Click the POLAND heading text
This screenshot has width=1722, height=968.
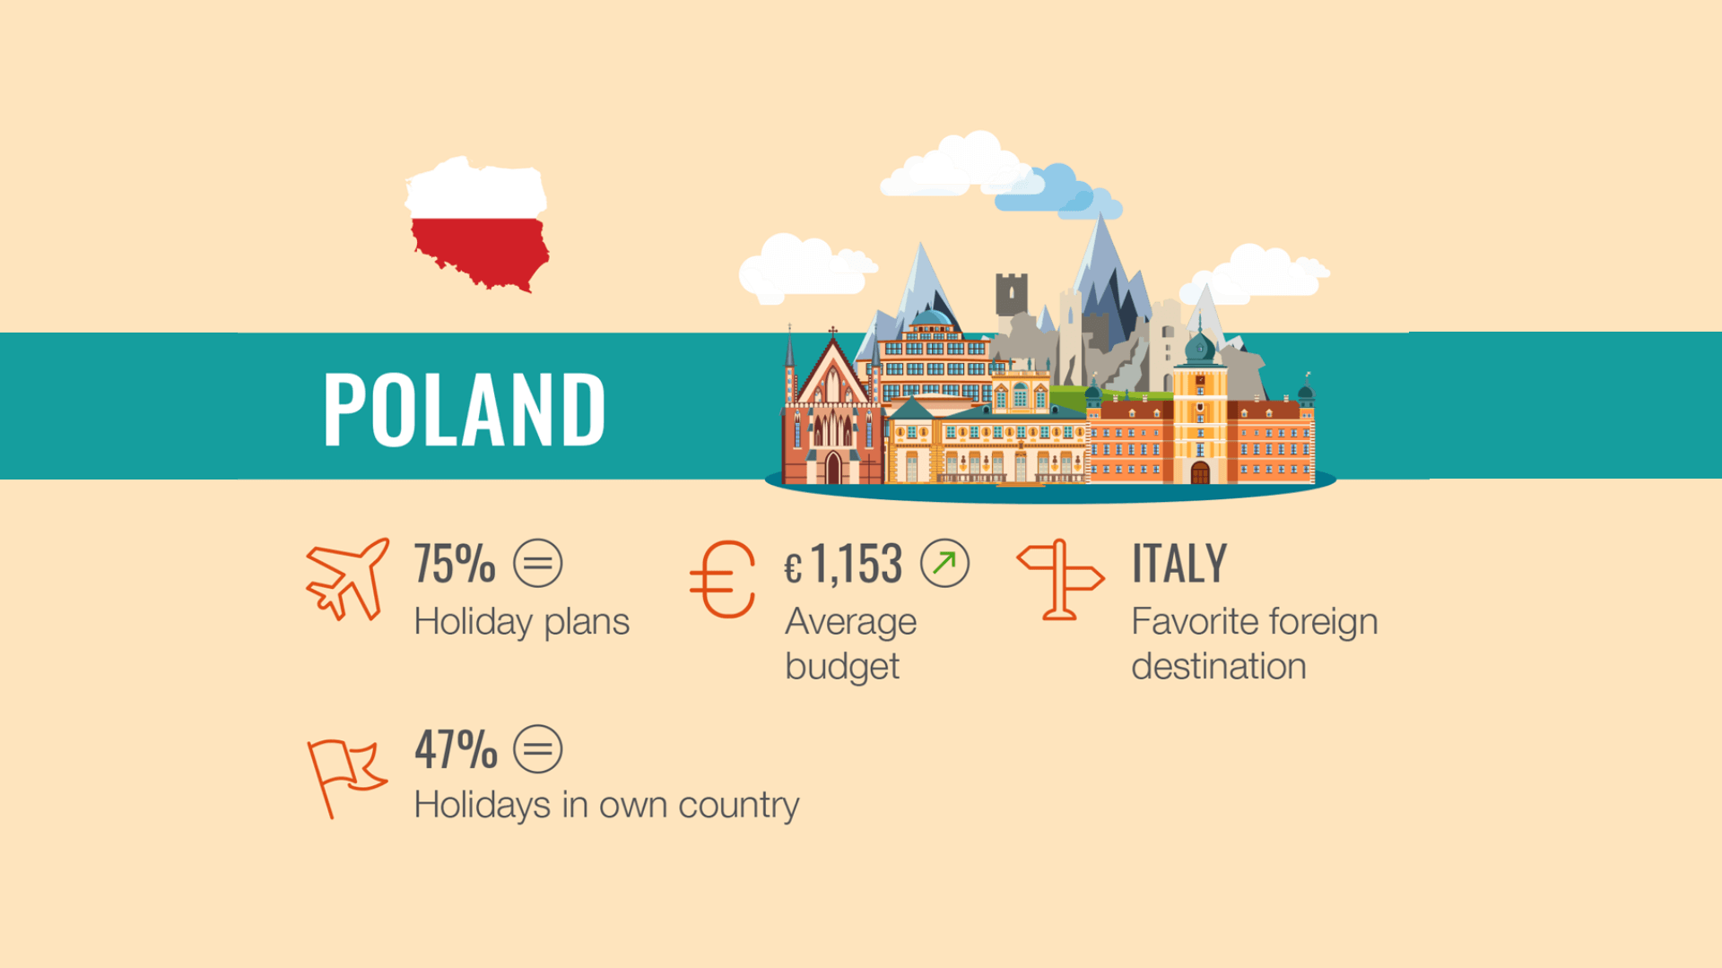pos(465,410)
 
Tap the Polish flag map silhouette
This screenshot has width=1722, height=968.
pos(478,224)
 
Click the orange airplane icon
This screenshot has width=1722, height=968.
pos(346,579)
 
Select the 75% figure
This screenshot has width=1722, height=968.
pos(455,564)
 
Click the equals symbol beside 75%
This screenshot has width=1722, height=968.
pos(538,564)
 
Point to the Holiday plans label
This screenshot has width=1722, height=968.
pos(521,622)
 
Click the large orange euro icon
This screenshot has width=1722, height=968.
pos(723,580)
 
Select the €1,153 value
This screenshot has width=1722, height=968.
pos(843,565)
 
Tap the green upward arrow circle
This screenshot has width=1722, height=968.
pos(944,564)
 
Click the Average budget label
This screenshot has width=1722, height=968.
pos(850,644)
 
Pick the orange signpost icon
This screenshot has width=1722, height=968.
pos(1060,579)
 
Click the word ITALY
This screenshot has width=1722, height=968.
pos(1178,564)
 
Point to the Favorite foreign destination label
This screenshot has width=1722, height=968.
pos(1254,644)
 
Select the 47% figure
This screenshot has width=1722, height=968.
pos(456,749)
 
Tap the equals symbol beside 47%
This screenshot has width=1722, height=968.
pos(538,749)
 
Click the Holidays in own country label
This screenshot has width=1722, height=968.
pos(606,805)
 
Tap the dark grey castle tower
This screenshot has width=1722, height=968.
pos(1011,294)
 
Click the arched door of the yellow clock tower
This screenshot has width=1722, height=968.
pos(1200,472)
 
